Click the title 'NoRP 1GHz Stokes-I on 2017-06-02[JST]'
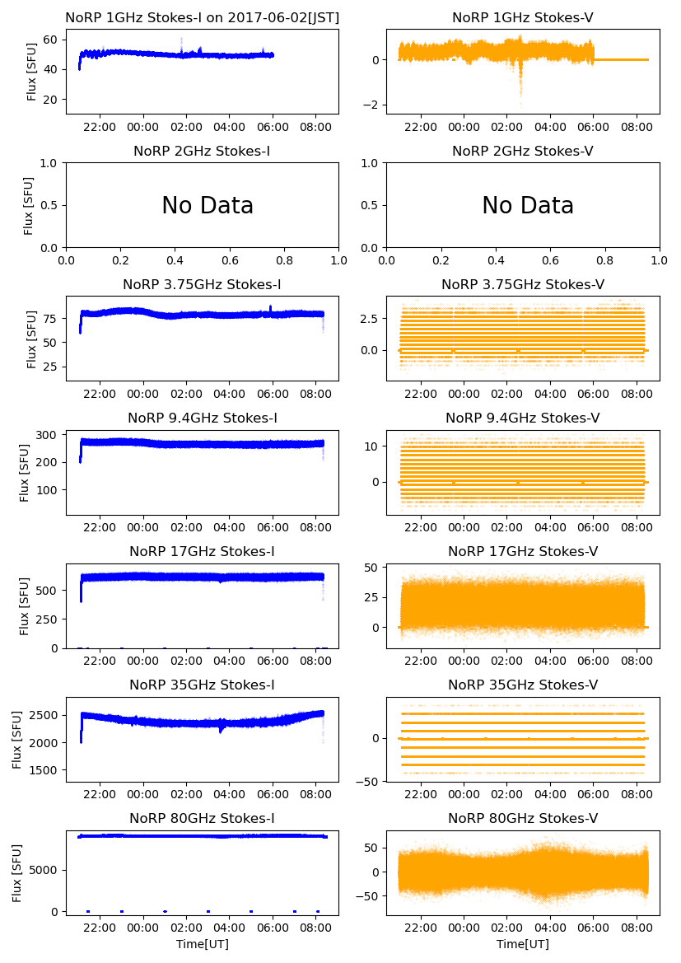pos(202,17)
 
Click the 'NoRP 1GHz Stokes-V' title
pos(522,17)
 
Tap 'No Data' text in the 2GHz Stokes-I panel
pos(207,206)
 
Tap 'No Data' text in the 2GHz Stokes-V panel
pos(527,206)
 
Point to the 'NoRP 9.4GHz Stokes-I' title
pos(202,418)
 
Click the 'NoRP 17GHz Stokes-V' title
pos(522,552)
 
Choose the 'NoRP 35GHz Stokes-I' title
pos(202,685)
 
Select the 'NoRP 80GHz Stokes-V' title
pos(522,819)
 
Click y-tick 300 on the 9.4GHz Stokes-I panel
pos(46,435)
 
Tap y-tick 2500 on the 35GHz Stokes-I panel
pos(43,715)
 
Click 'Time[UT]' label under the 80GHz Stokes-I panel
pos(202,944)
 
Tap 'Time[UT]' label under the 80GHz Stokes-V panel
pos(522,944)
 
